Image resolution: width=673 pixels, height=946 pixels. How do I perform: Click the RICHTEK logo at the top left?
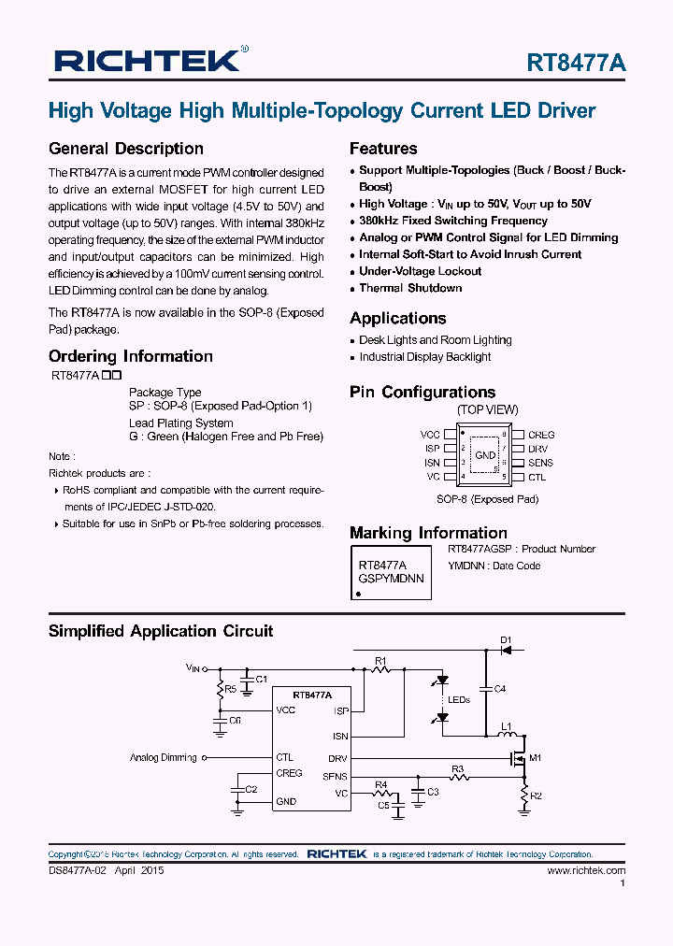[148, 61]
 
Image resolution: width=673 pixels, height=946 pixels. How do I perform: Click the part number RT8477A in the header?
[576, 63]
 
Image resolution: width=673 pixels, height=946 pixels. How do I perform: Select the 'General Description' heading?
[125, 149]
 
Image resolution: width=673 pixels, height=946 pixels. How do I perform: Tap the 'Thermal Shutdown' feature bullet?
[410, 288]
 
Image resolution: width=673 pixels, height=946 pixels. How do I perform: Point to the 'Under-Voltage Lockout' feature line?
[420, 271]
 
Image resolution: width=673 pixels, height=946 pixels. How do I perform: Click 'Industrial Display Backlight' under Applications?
[424, 357]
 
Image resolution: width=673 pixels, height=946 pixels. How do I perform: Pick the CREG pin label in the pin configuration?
[541, 435]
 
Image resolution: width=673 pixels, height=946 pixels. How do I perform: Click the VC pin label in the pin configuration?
[433, 477]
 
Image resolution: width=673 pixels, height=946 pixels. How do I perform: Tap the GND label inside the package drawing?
[485, 455]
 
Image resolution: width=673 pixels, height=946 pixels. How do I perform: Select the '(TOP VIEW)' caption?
[487, 409]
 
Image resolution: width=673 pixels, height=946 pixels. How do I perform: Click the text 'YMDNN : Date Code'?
[494, 566]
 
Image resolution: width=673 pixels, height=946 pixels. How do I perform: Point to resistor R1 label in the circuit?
[380, 661]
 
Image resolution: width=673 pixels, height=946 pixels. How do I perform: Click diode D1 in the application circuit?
[506, 648]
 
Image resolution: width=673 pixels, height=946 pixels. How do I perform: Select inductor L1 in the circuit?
[506, 726]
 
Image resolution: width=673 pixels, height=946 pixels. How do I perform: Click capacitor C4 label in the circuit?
[499, 689]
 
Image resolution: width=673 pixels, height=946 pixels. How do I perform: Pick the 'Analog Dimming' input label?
[164, 757]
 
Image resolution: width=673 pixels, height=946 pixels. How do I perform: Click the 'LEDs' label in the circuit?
[458, 699]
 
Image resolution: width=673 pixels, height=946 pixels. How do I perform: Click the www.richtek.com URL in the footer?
[586, 870]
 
